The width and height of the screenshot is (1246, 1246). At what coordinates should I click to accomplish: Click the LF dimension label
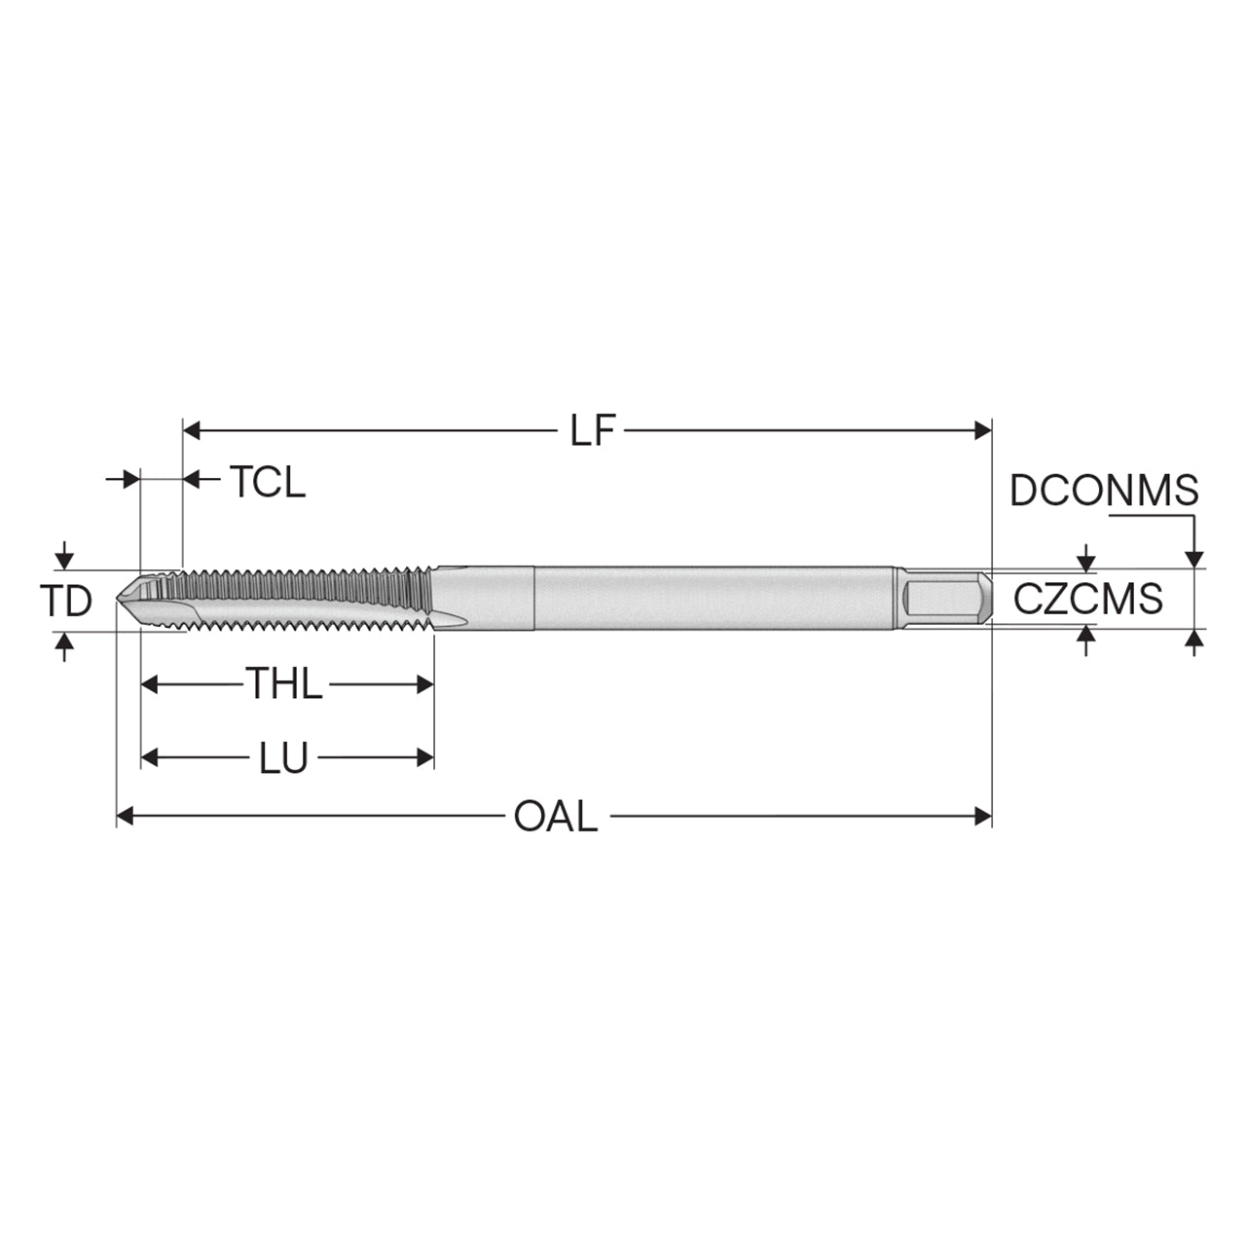click(x=592, y=430)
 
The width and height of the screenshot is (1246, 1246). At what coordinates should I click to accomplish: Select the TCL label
click(x=267, y=482)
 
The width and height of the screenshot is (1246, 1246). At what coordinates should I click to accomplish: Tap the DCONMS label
click(x=1104, y=490)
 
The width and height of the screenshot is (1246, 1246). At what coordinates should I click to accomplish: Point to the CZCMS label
click(x=1087, y=598)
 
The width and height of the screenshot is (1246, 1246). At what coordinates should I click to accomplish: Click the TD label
click(x=66, y=600)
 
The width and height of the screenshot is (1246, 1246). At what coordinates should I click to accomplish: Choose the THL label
click(x=284, y=683)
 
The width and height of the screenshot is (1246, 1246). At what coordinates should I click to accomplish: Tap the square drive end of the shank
click(x=946, y=598)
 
